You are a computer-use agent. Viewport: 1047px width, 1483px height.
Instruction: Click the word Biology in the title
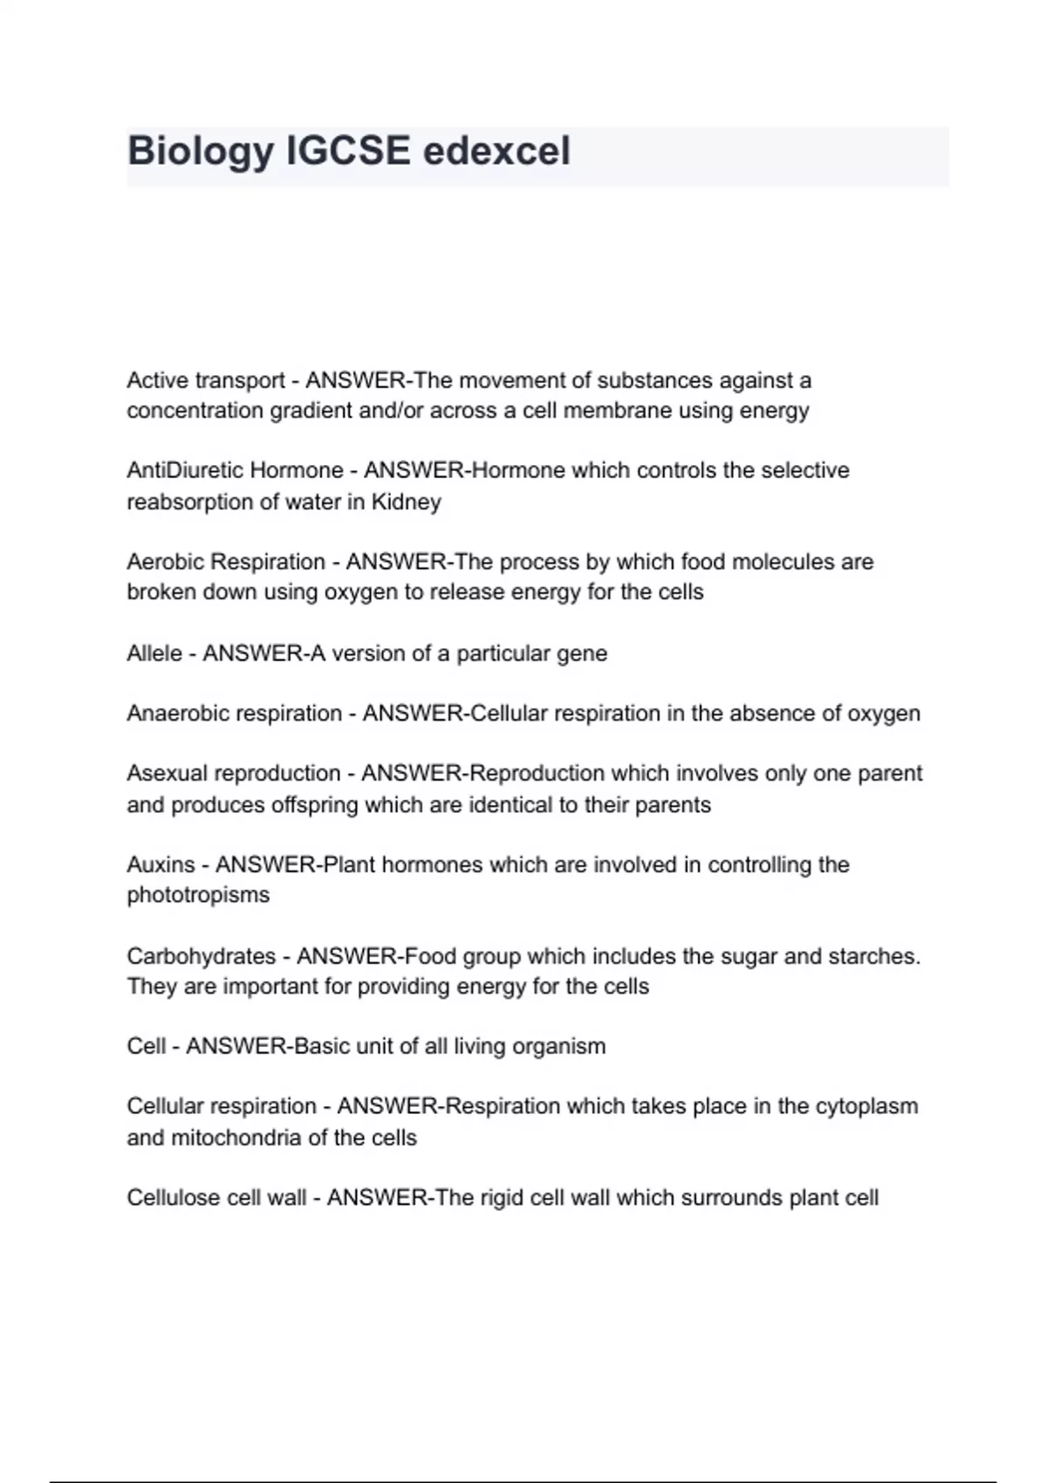point(200,151)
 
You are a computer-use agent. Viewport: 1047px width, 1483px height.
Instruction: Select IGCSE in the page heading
point(348,151)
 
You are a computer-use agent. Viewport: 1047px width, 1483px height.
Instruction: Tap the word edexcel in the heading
point(496,151)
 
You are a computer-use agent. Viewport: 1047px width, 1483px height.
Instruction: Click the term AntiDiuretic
point(180,470)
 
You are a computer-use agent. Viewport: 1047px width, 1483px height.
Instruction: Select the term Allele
point(154,653)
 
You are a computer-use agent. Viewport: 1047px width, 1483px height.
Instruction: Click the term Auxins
point(161,865)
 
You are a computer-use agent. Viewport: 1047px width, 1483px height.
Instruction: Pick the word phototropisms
point(198,895)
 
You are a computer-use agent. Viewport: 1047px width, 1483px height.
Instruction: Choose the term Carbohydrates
point(202,956)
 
